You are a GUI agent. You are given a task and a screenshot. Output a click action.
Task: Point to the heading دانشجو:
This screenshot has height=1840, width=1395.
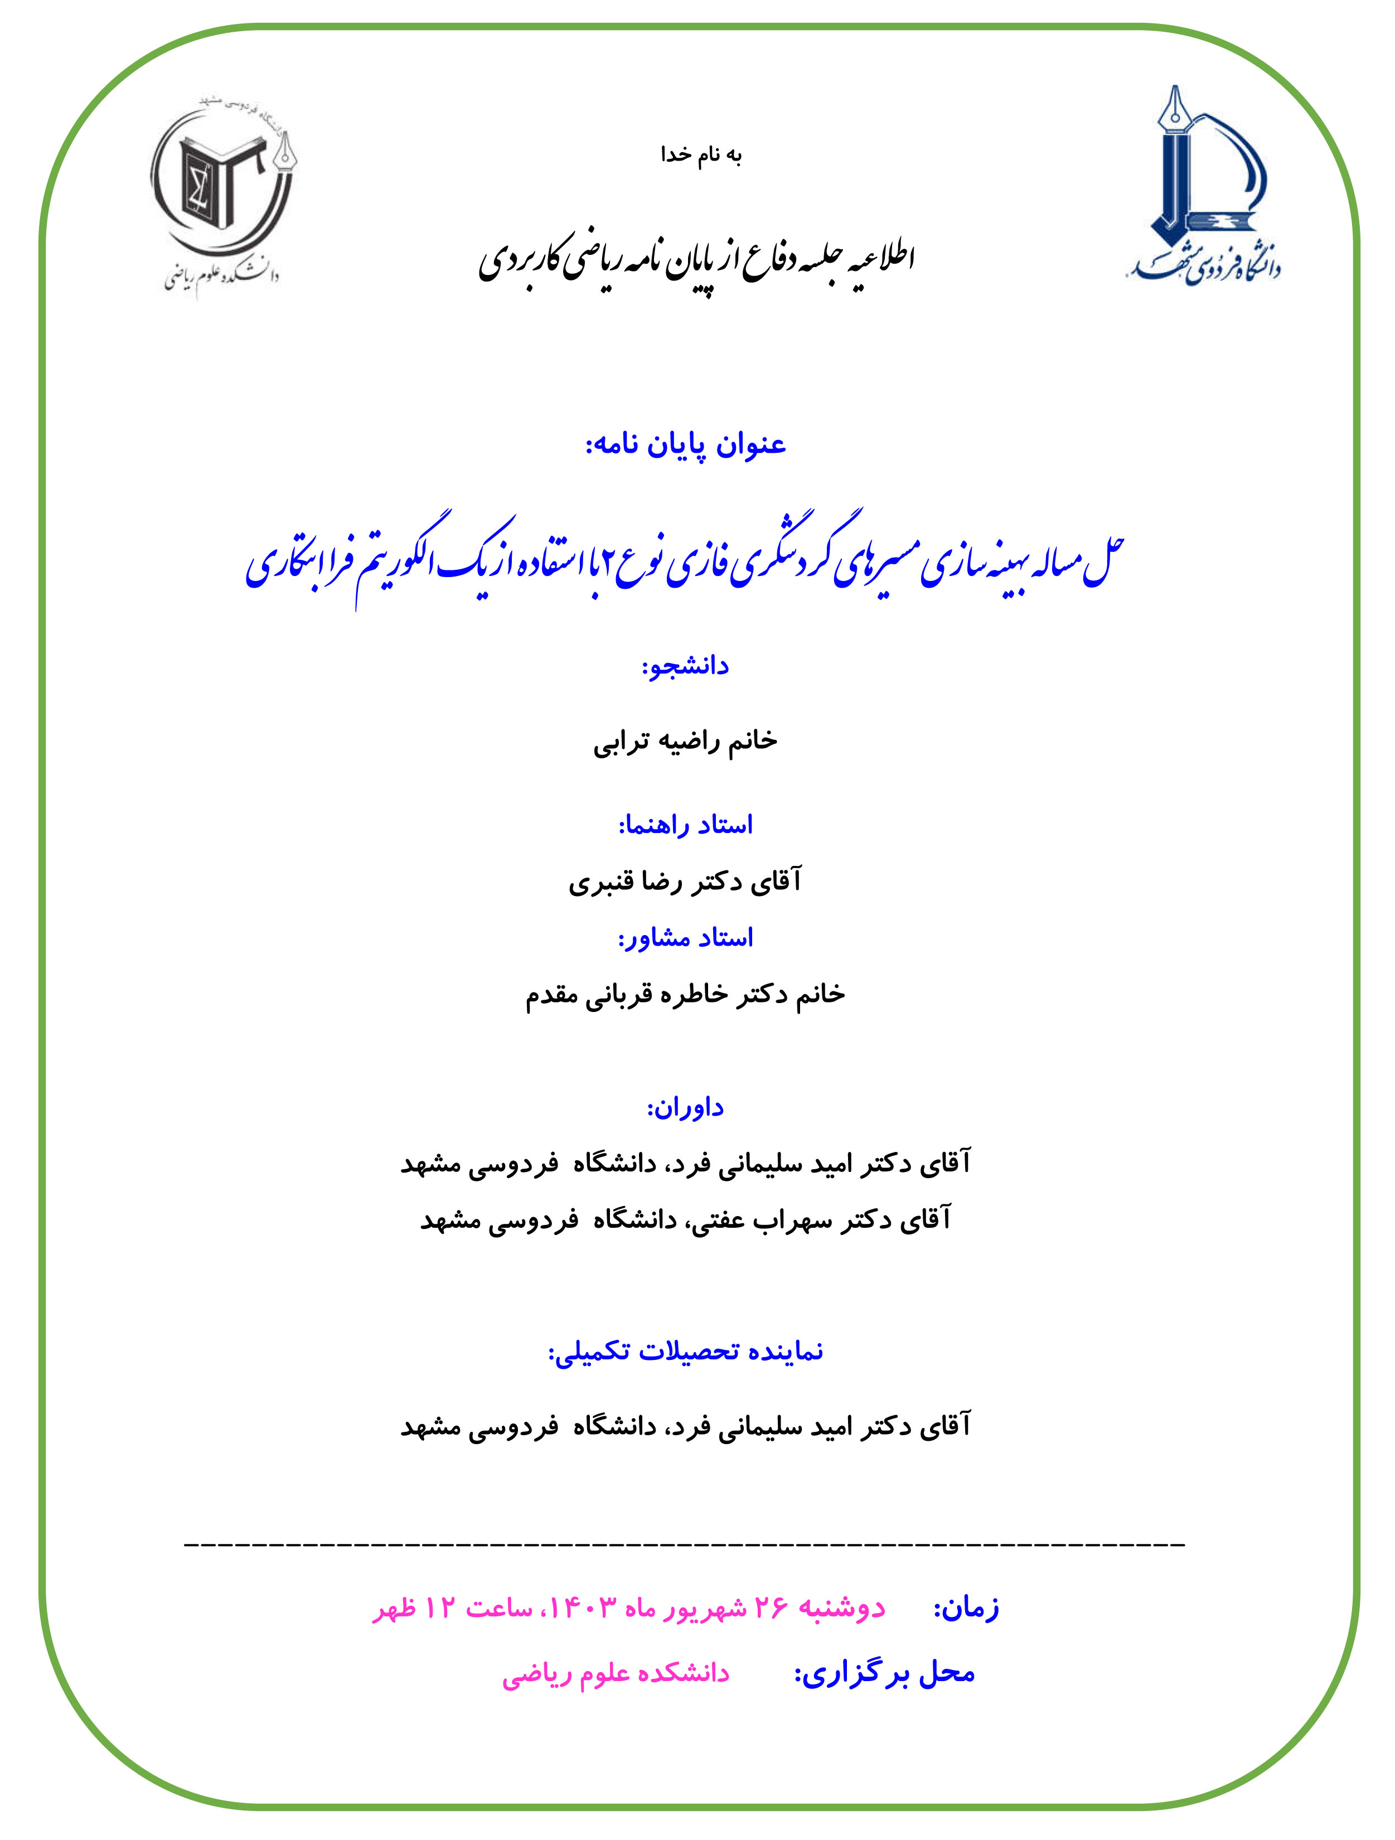coord(685,666)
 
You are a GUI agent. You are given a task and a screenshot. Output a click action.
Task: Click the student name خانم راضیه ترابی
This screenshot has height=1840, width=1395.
coord(685,741)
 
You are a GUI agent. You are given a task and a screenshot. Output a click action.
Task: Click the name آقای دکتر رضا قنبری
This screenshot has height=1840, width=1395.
coord(685,882)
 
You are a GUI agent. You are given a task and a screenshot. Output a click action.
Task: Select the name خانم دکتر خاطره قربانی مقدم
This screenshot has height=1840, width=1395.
coord(685,995)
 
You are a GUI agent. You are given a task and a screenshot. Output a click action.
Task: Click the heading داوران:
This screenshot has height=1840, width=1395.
coord(685,1108)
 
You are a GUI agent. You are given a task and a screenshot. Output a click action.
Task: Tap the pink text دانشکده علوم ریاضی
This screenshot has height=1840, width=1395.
coord(616,1674)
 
